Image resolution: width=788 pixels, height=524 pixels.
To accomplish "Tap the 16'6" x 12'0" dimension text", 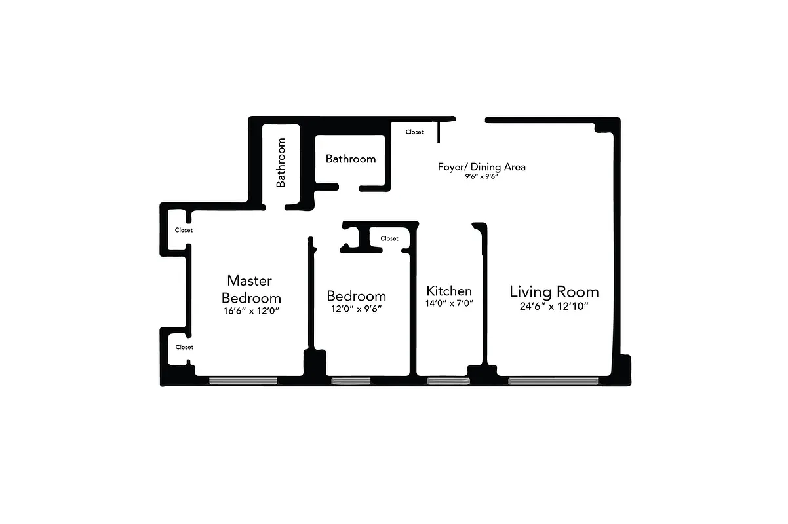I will pyautogui.click(x=252, y=311).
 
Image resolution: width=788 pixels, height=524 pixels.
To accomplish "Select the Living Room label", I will pyautogui.click(x=554, y=291).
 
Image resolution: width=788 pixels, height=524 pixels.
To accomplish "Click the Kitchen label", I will pyautogui.click(x=449, y=291).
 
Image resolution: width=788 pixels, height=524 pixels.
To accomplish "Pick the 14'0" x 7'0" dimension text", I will pyautogui.click(x=450, y=303).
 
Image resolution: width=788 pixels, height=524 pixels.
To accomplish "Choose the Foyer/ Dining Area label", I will pyautogui.click(x=482, y=167).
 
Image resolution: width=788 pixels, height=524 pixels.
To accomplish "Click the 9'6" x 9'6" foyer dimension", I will pyautogui.click(x=482, y=177).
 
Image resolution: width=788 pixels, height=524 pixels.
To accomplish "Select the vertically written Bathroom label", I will pyautogui.click(x=281, y=162).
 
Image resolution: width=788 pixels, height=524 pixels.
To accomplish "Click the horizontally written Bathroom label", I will pyautogui.click(x=351, y=159).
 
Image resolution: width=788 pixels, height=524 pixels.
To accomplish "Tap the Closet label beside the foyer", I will pyautogui.click(x=414, y=132).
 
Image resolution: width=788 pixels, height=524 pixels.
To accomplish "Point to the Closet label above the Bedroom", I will pyautogui.click(x=389, y=238).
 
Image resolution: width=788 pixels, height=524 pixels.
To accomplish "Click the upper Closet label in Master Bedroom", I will pyautogui.click(x=184, y=230).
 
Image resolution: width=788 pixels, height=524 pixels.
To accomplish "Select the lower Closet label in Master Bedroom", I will pyautogui.click(x=184, y=347).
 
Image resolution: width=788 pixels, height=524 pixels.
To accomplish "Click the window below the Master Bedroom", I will pyautogui.click(x=243, y=381).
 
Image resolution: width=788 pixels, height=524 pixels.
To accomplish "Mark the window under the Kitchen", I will pyautogui.click(x=448, y=381).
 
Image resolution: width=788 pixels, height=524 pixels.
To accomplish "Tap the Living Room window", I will pyautogui.click(x=553, y=381).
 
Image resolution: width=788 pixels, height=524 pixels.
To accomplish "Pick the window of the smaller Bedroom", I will pyautogui.click(x=351, y=381).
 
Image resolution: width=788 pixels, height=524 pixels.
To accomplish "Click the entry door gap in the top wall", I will pyautogui.click(x=470, y=119).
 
